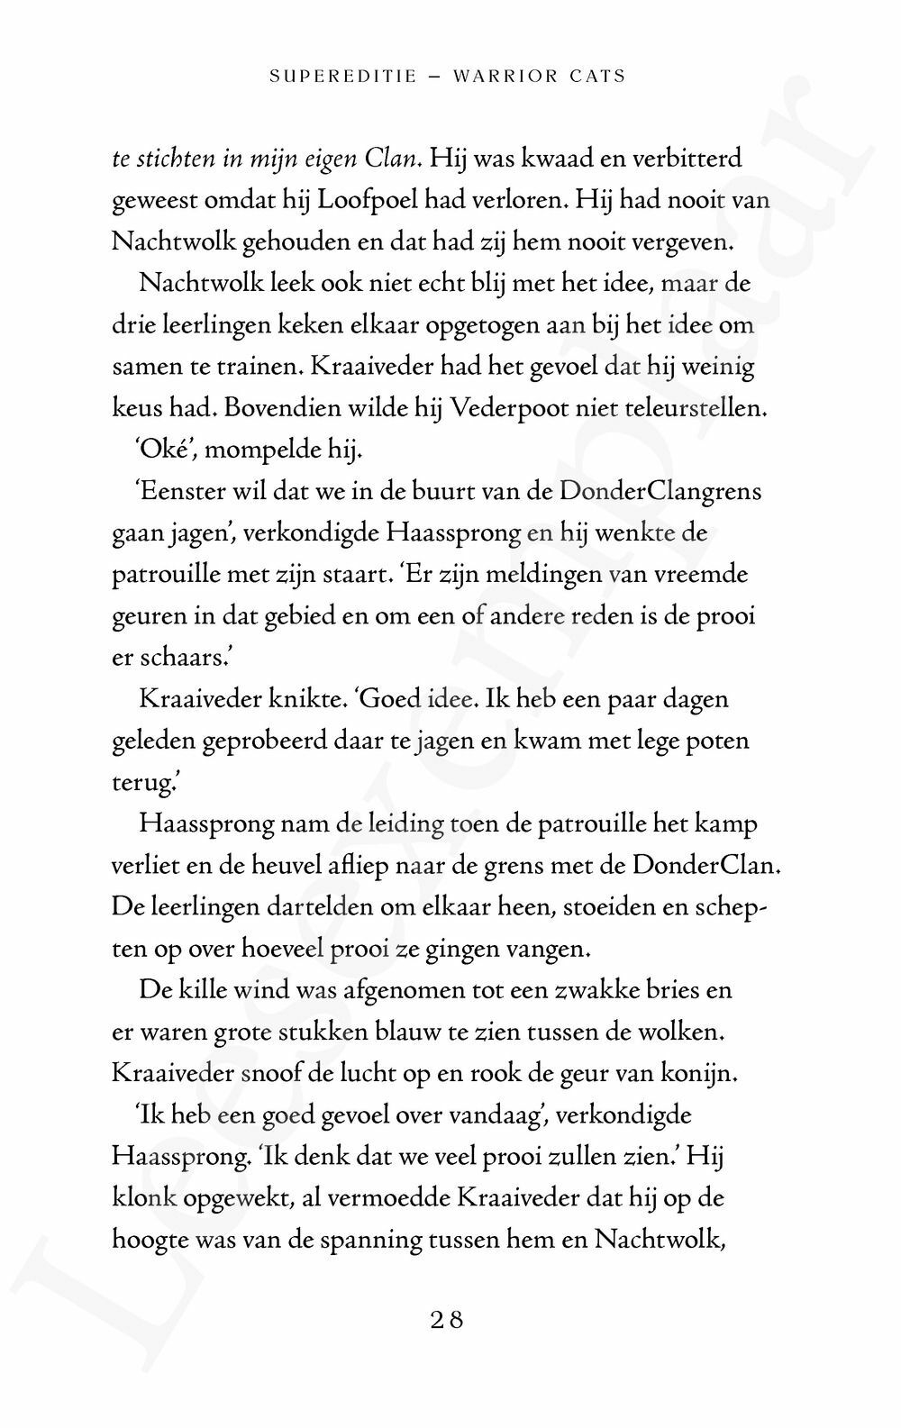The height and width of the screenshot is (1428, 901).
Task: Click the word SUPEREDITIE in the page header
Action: tap(343, 77)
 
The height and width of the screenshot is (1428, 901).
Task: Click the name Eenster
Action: tap(177, 491)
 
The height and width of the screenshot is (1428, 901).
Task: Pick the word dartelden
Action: tap(321, 906)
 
